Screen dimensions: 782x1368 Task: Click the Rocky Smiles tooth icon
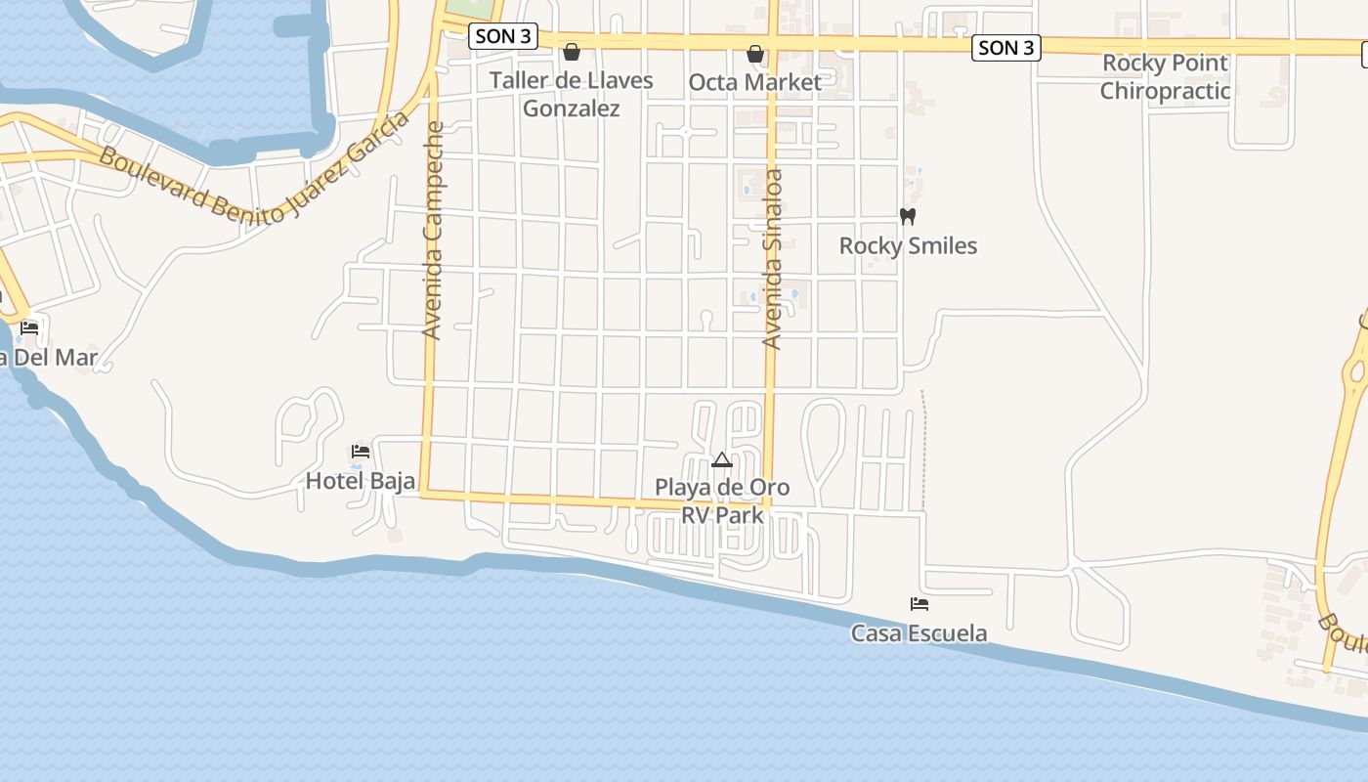click(908, 216)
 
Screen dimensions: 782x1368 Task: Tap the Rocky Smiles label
click(908, 245)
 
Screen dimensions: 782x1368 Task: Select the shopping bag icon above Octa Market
click(755, 53)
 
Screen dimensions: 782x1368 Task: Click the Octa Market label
click(755, 82)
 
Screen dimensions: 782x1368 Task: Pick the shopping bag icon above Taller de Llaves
click(572, 52)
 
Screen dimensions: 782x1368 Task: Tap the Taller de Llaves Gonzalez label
click(572, 94)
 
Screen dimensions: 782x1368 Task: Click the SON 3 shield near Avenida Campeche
click(503, 37)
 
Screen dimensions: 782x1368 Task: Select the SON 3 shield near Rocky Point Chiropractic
click(1005, 47)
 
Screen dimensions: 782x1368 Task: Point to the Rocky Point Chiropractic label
click(1165, 77)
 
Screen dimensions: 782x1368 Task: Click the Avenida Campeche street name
click(433, 230)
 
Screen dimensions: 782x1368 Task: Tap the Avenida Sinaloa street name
click(772, 259)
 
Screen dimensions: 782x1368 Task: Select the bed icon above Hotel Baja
click(361, 452)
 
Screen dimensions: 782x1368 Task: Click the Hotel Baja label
click(361, 481)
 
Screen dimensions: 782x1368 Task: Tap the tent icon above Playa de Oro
click(722, 459)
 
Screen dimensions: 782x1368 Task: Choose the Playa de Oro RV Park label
click(722, 500)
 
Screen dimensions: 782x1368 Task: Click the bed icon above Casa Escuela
click(919, 604)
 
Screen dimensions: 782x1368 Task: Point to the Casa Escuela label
click(919, 633)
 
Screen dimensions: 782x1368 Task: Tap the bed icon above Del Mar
click(29, 327)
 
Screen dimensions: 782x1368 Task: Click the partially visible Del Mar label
click(49, 358)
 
